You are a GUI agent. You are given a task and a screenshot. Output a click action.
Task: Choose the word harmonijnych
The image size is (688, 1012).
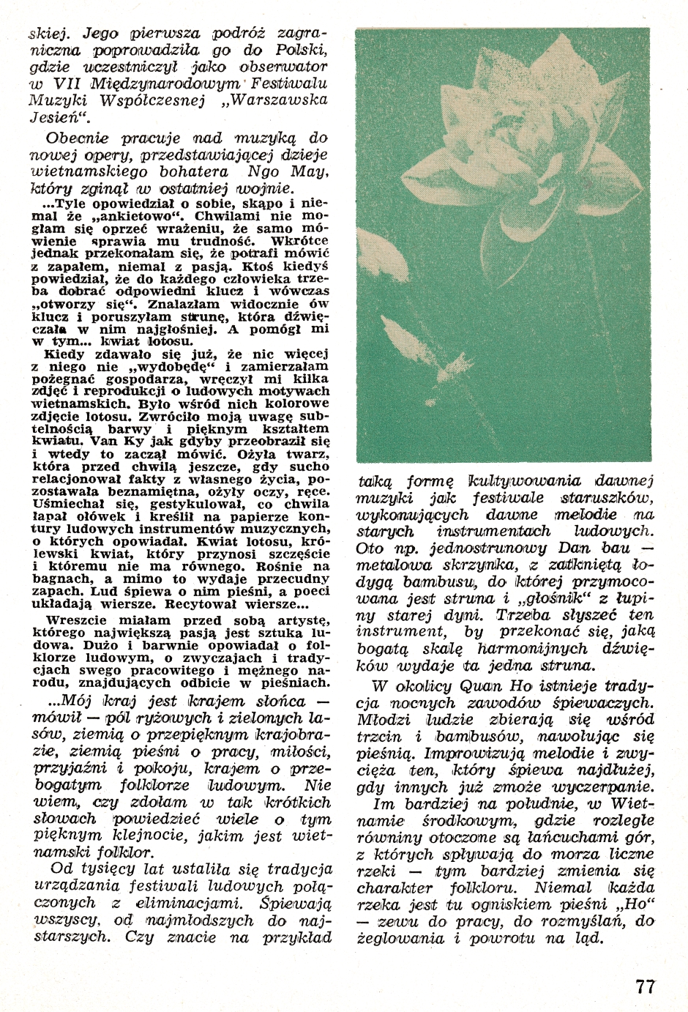pos(523,647)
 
